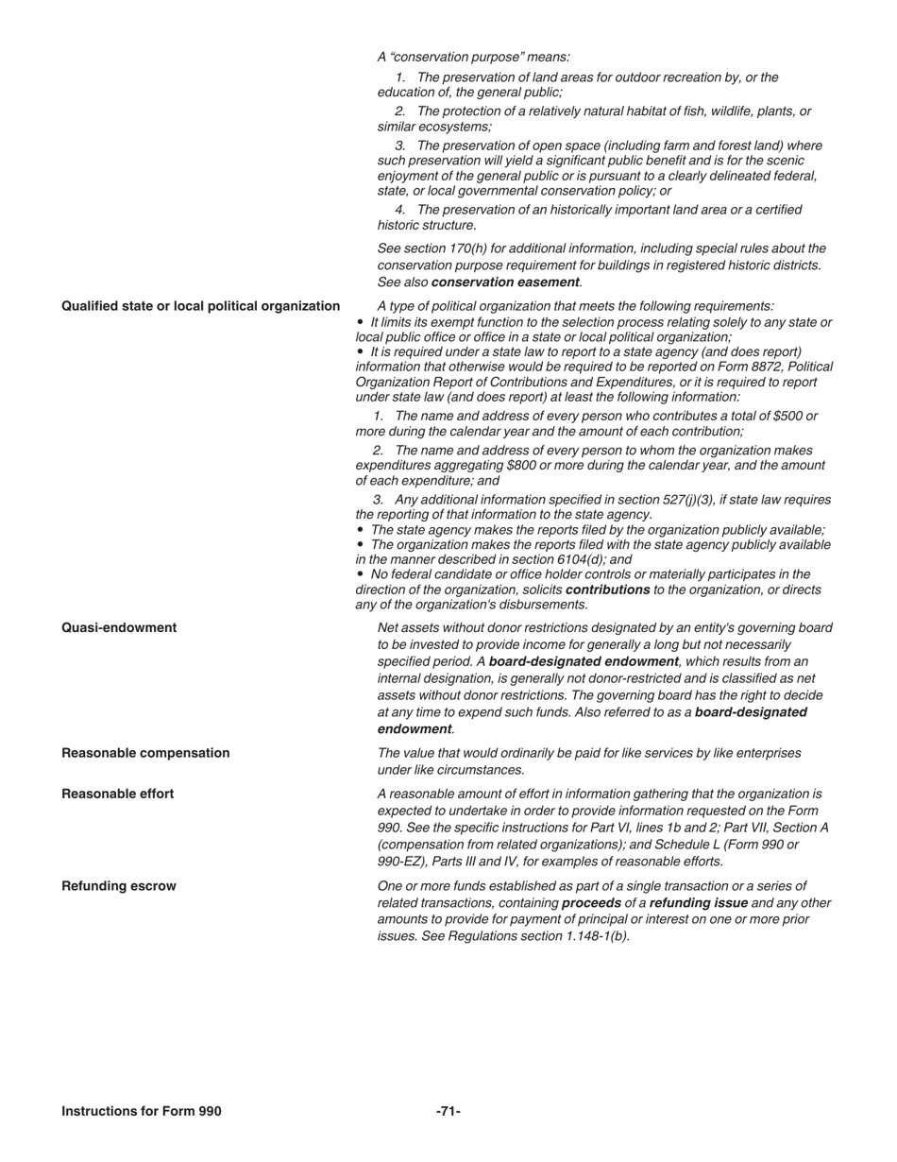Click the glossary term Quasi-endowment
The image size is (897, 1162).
[119, 628]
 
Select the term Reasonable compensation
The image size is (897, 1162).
[145, 754]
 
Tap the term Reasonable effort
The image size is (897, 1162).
[118, 795]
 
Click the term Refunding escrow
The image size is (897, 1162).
[119, 887]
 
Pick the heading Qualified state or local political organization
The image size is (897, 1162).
[201, 306]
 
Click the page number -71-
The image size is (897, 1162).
[448, 1112]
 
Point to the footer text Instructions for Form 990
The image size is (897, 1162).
[142, 1112]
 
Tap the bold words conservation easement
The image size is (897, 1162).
[505, 282]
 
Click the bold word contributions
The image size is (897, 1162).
[607, 590]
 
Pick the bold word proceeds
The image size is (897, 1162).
[591, 903]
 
